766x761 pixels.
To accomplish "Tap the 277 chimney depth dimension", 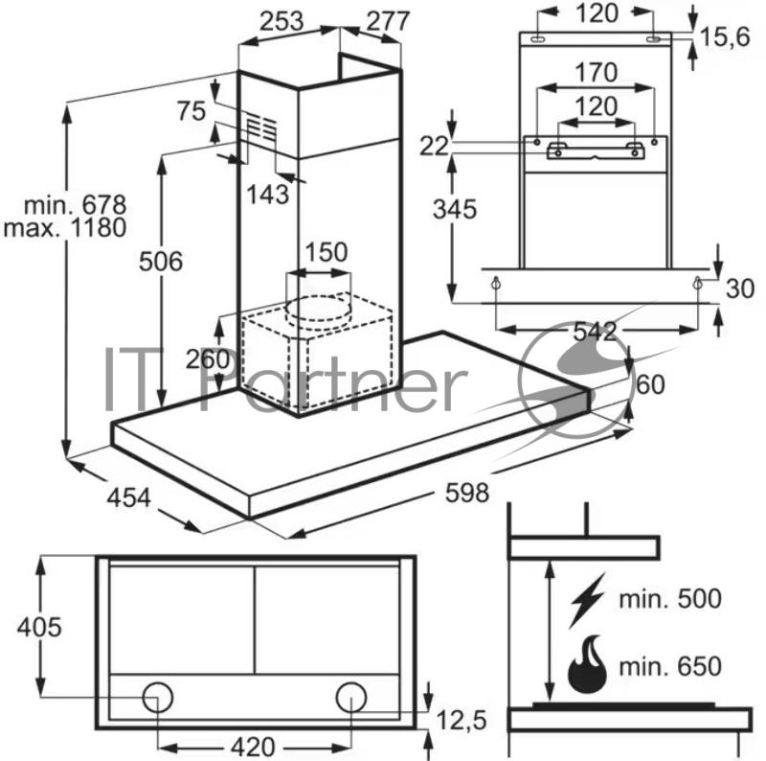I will point(388,21).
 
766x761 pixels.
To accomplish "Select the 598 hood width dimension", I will point(466,494).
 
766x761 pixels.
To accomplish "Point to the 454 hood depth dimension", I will point(127,497).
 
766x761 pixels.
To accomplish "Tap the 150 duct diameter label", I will point(326,254).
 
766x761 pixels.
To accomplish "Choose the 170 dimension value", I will point(596,73).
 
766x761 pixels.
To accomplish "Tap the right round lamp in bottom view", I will point(350,697).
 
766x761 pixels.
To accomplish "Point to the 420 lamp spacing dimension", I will point(254,746).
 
